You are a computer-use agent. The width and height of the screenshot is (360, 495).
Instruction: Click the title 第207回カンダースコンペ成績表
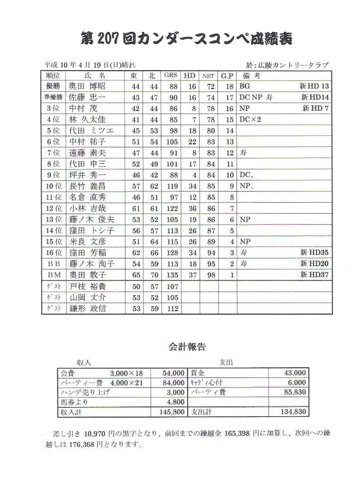pyautogui.click(x=184, y=38)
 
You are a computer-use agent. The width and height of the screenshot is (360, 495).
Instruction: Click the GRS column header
pyautogui.click(x=171, y=76)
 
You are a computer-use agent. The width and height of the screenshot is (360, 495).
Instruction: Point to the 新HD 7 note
pyautogui.click(x=316, y=109)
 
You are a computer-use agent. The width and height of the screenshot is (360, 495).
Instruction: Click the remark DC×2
pyautogui.click(x=250, y=120)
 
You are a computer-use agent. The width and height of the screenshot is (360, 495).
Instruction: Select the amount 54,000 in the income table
pyautogui.click(x=173, y=373)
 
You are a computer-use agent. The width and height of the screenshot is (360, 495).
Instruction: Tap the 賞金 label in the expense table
pyautogui.click(x=198, y=373)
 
